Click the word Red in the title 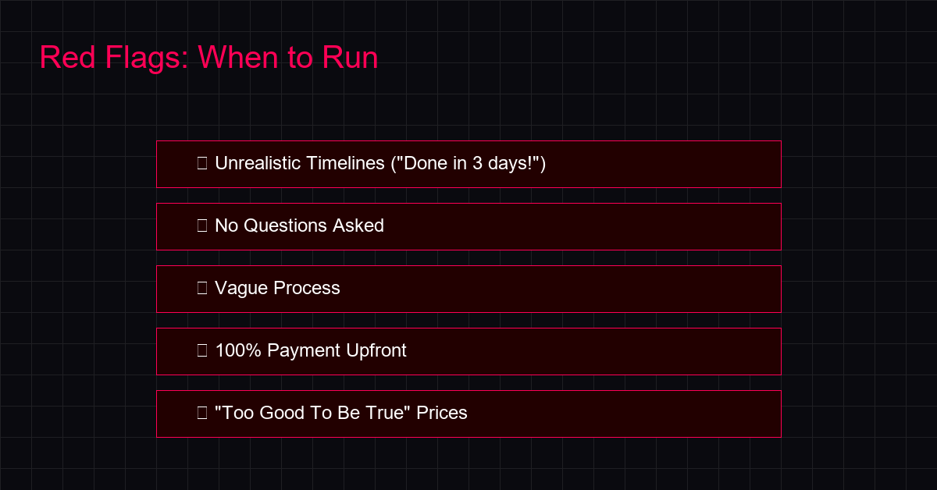tap(67, 57)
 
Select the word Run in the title tap(350, 57)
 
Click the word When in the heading tap(238, 57)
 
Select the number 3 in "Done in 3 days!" tap(477, 164)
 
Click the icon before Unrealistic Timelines tap(202, 163)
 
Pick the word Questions tap(285, 225)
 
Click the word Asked tap(358, 225)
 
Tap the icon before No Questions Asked tap(202, 225)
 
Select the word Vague tap(241, 289)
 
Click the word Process tap(307, 288)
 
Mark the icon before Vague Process tap(202, 288)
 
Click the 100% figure tap(238, 350)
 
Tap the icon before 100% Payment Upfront tap(202, 350)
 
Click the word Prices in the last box tap(442, 413)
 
